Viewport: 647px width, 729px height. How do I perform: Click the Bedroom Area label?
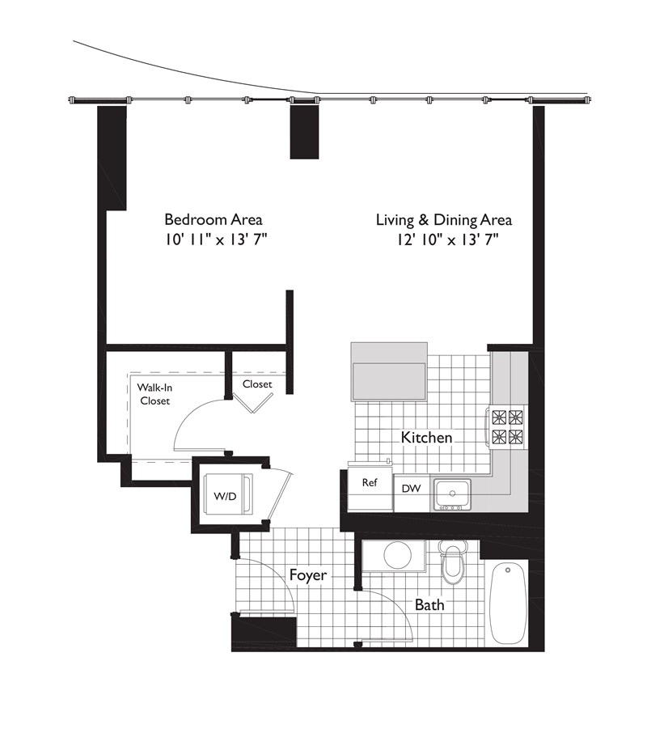coord(214,219)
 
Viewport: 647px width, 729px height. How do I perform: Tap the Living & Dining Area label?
coord(444,219)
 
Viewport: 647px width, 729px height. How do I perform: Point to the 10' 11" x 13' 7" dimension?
coord(215,240)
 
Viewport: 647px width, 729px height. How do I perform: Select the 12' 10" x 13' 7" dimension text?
coord(447,240)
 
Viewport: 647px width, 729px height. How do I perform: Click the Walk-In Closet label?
coord(154,394)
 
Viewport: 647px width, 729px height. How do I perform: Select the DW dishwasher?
coord(412,493)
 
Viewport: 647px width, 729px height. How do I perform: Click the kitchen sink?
coord(453,494)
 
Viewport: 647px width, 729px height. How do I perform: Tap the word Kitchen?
coord(426,438)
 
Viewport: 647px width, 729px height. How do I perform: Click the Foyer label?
coord(308,575)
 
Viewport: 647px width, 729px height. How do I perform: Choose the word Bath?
coord(429,605)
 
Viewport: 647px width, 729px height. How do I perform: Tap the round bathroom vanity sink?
coord(397,555)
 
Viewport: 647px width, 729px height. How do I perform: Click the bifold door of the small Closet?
coord(253,402)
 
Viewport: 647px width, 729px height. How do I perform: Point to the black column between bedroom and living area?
coord(304,132)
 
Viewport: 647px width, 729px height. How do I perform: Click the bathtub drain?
coord(508,570)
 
